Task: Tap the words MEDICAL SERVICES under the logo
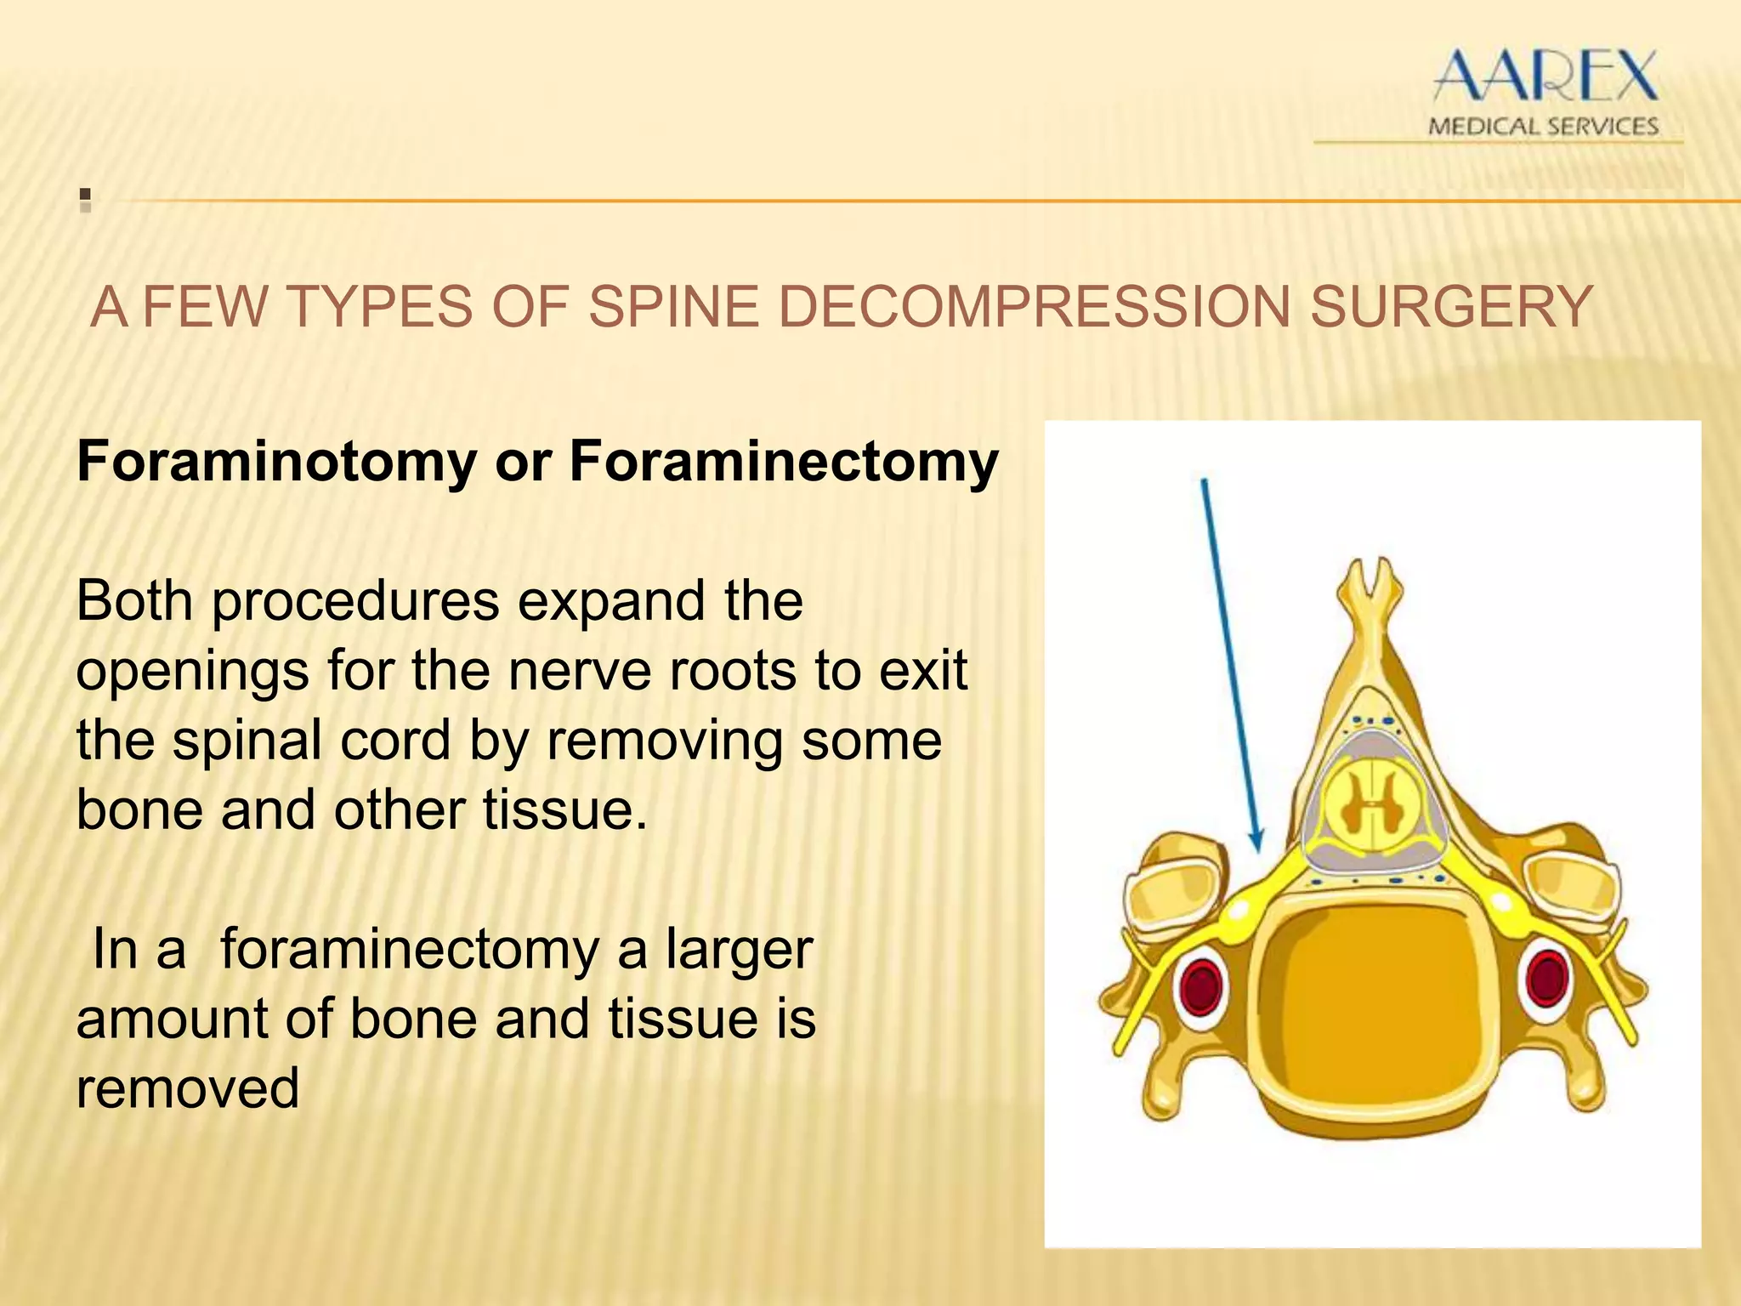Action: tap(1543, 127)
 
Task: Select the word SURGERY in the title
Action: tap(1450, 307)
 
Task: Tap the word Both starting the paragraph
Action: tap(134, 600)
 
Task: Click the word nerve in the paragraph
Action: tap(580, 670)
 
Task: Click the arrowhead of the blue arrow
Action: tap(1257, 842)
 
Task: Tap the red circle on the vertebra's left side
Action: tap(1199, 985)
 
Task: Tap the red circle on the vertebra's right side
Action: tap(1546, 978)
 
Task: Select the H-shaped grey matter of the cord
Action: tap(1370, 801)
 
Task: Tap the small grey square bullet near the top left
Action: tap(85, 201)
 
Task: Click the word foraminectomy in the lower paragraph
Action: tap(409, 949)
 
